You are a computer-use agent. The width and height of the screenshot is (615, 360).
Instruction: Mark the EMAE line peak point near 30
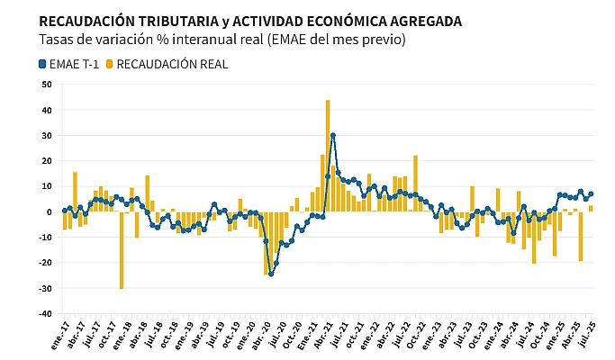click(333, 136)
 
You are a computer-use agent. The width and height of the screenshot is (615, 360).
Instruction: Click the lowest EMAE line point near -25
click(271, 274)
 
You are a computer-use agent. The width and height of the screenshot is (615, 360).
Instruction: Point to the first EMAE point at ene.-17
click(65, 211)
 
